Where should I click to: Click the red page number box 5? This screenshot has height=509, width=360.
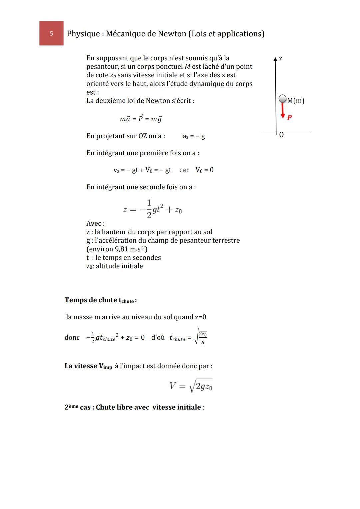pos(51,33)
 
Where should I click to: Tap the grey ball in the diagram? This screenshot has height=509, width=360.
pos(282,99)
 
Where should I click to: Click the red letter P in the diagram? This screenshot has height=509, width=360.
pos(289,117)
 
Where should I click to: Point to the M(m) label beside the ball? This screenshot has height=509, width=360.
pos(296,100)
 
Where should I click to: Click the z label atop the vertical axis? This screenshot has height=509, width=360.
pos(281,58)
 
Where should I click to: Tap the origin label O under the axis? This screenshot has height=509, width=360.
pos(281,135)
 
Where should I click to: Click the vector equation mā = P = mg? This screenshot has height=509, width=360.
pos(141,119)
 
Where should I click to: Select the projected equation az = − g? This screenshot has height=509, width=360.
pos(194,136)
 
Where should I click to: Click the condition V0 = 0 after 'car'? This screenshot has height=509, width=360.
pos(204,170)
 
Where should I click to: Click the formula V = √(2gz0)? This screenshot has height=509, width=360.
pos(191,386)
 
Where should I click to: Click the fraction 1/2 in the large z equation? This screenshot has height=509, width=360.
pos(149,209)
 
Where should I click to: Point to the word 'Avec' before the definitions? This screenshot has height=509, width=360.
pos(95,223)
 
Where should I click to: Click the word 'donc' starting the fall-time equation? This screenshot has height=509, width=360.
pos(72,338)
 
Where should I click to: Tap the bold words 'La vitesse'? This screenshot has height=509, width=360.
pos(81,366)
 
